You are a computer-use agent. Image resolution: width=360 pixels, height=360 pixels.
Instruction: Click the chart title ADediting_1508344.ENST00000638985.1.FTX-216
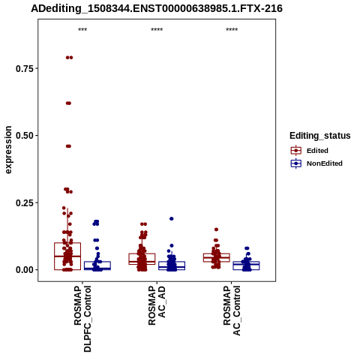pyautogui.click(x=157, y=9)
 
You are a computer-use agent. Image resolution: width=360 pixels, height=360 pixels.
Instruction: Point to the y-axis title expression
pyautogui.click(x=8, y=150)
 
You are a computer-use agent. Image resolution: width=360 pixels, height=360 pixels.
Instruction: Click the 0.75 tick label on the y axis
pyautogui.click(x=24, y=68)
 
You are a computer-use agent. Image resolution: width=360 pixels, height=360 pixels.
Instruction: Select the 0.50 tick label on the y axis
pyautogui.click(x=24, y=136)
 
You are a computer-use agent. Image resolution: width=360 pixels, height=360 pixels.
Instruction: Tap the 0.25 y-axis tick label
pyautogui.click(x=24, y=202)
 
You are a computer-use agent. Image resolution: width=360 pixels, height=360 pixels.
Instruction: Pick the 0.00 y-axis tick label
pyautogui.click(x=24, y=270)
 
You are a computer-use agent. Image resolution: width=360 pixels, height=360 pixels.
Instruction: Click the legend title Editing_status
pyautogui.click(x=320, y=136)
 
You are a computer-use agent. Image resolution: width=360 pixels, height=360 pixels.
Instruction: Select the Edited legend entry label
pyautogui.click(x=317, y=151)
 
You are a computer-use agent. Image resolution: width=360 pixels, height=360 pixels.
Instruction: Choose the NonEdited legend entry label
pyautogui.click(x=325, y=163)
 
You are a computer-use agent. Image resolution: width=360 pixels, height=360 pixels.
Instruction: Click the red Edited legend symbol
pyautogui.click(x=296, y=151)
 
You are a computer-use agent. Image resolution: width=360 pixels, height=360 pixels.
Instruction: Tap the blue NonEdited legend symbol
pyautogui.click(x=296, y=163)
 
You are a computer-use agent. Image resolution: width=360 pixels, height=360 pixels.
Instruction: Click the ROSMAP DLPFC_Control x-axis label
pyautogui.click(x=82, y=319)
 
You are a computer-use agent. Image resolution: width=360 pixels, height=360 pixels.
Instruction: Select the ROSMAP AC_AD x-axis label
pyautogui.click(x=157, y=305)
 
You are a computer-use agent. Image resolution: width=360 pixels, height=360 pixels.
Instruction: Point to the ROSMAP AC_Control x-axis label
pyautogui.click(x=232, y=310)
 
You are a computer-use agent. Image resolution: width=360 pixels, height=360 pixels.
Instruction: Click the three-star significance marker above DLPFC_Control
pyautogui.click(x=82, y=30)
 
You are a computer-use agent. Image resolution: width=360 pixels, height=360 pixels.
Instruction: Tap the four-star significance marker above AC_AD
pyautogui.click(x=157, y=30)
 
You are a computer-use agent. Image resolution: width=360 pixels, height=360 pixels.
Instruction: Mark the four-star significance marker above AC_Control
pyautogui.click(x=232, y=30)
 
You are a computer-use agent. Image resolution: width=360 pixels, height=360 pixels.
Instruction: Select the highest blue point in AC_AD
pyautogui.click(x=172, y=219)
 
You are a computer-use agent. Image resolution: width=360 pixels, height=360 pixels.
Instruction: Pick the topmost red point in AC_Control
pyautogui.click(x=217, y=229)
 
